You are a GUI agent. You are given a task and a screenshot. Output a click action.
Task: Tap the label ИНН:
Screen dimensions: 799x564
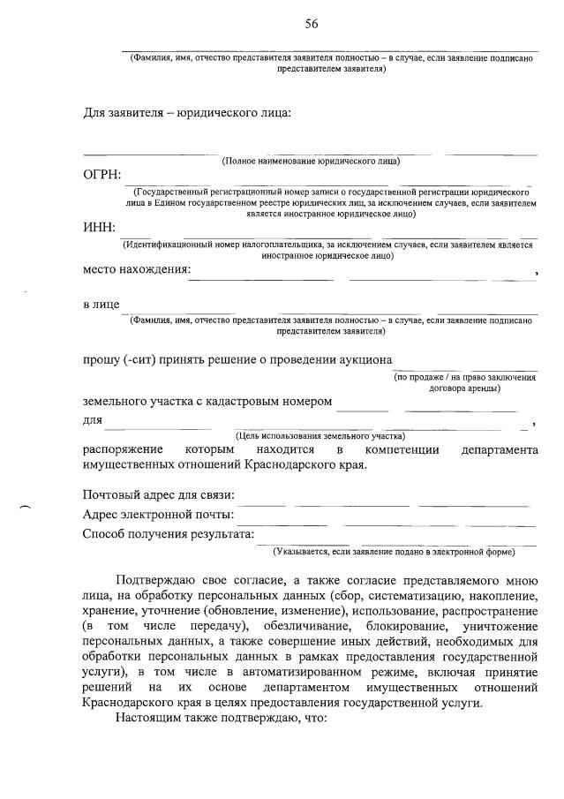tap(99, 229)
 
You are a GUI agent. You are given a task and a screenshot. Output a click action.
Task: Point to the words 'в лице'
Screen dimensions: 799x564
tap(101, 305)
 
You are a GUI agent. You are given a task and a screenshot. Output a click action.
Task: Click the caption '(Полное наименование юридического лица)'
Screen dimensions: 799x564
tap(311, 162)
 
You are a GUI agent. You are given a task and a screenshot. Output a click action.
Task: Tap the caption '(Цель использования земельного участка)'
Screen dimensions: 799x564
tap(320, 436)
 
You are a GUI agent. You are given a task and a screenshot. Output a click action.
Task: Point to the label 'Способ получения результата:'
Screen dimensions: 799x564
tap(168, 534)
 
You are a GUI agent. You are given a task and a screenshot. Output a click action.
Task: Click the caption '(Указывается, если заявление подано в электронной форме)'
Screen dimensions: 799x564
tap(394, 553)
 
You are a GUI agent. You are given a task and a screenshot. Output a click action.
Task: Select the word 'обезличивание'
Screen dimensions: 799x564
tap(303, 625)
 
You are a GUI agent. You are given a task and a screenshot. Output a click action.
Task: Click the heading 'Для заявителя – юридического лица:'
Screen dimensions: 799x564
tap(186, 113)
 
